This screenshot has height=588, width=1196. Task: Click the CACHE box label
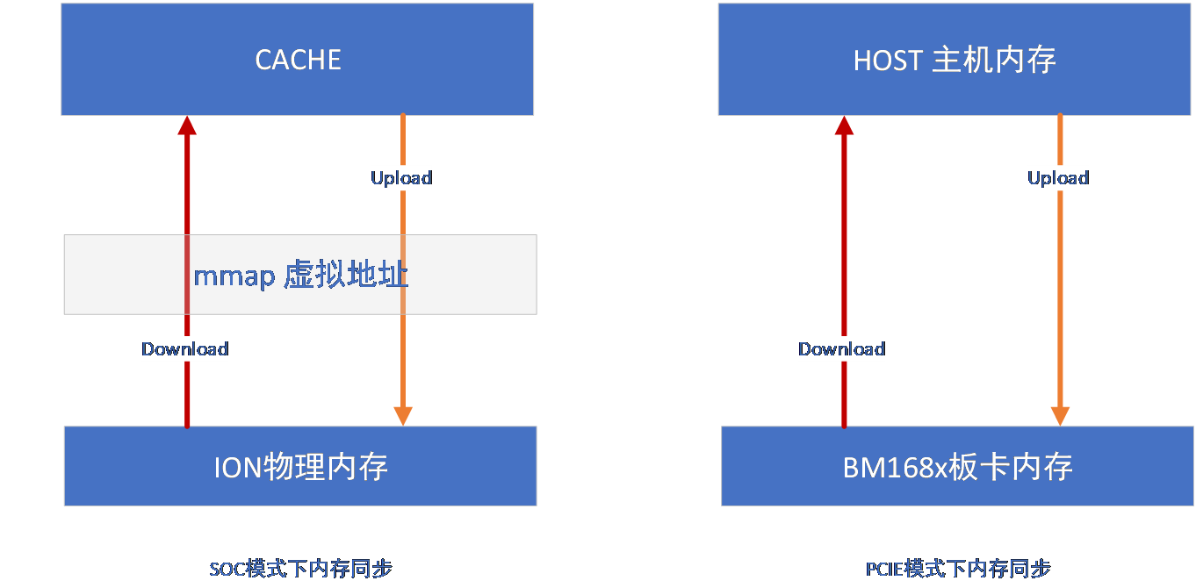298,60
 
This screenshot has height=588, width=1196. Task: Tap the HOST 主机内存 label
955,61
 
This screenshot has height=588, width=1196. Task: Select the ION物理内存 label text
300,467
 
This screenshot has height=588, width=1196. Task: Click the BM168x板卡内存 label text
957,467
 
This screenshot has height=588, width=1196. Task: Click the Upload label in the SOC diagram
401,178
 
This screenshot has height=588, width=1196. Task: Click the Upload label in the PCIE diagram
1058,178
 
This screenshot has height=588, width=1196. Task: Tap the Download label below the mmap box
185,349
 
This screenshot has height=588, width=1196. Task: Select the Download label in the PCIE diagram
841,349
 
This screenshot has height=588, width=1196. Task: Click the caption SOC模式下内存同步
300,568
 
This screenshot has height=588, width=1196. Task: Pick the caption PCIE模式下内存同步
957,568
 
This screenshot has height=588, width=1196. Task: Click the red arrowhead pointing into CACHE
186,125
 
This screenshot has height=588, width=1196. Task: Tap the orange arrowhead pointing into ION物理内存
402,416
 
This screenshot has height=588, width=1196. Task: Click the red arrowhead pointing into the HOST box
844,125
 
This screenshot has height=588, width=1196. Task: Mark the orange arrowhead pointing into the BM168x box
1060,416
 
